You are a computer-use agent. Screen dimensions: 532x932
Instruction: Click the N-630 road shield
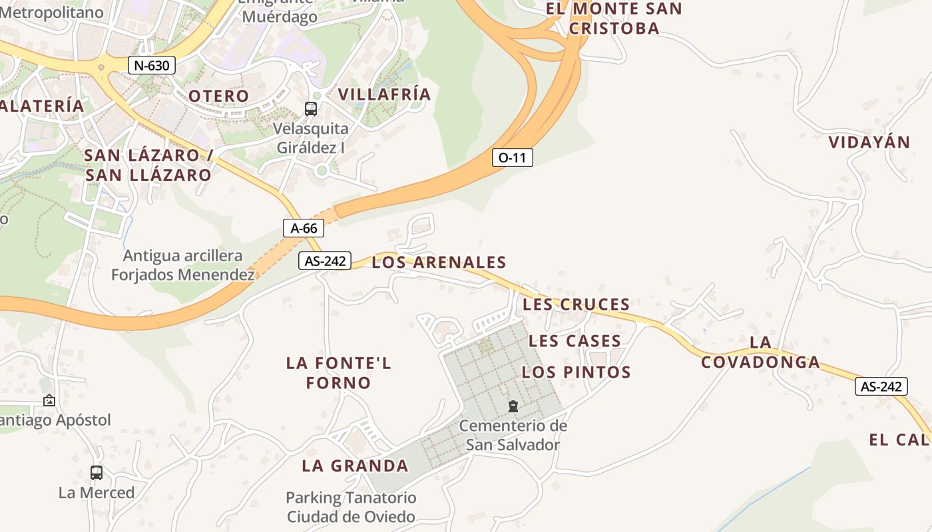point(152,65)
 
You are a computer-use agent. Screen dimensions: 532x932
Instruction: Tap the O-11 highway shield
point(512,158)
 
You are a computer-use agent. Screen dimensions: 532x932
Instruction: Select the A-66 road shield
point(304,228)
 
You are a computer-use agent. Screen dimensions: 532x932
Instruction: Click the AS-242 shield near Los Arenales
point(324,261)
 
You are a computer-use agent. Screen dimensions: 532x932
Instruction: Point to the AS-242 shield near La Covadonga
point(881,386)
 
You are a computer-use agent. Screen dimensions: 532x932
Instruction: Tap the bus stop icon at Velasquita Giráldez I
point(310,108)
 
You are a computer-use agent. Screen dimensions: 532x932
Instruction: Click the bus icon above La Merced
point(97,473)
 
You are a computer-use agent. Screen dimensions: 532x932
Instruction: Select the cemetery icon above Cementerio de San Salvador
point(513,406)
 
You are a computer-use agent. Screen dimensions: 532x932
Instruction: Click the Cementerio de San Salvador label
point(513,435)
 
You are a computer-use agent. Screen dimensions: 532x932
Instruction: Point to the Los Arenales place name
point(439,262)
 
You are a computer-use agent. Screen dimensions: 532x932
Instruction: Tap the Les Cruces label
point(577,305)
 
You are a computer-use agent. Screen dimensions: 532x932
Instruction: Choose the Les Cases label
point(575,341)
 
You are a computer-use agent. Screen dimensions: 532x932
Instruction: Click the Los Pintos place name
point(576,372)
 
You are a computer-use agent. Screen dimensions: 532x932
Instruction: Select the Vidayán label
point(869,142)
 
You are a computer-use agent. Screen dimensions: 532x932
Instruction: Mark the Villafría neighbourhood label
point(384,94)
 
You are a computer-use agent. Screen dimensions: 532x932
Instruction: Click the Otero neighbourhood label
point(218,96)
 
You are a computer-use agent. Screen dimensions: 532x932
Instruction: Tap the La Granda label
point(355,465)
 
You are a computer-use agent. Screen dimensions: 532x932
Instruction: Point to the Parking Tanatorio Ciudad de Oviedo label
point(351,507)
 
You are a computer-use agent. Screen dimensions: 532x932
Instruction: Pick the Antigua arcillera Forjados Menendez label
point(182,265)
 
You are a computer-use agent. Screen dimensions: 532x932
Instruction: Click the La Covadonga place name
point(760,352)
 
